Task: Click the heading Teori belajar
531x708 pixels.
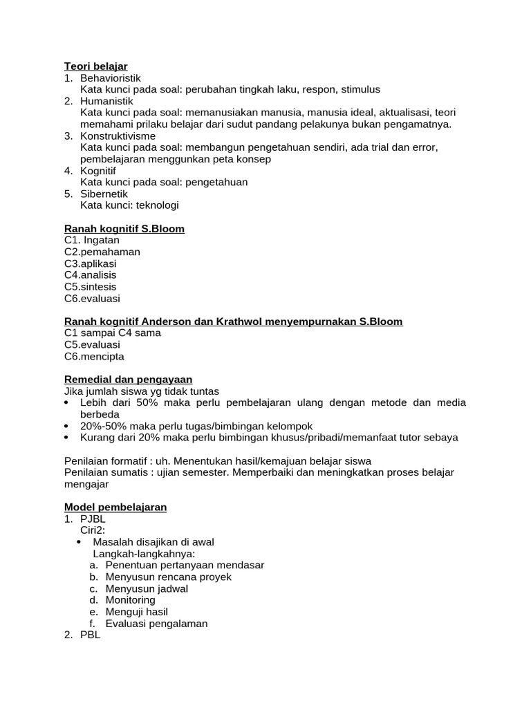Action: (x=95, y=66)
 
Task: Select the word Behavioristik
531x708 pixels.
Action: (x=111, y=78)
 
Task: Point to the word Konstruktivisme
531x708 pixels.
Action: (x=118, y=136)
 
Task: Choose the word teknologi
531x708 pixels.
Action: (x=157, y=205)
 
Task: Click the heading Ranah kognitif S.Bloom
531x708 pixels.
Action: (x=124, y=229)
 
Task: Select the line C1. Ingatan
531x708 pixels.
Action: (x=91, y=240)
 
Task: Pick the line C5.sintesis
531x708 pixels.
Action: (x=91, y=287)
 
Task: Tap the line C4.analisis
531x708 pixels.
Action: (x=91, y=275)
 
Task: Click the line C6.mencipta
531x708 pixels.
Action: (x=94, y=357)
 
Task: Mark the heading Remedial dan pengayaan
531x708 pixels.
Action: (x=128, y=380)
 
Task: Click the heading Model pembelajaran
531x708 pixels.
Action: (x=115, y=507)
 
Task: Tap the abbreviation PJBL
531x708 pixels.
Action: (x=93, y=519)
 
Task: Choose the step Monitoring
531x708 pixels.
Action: (x=130, y=600)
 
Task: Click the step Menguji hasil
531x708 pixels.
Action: (x=136, y=612)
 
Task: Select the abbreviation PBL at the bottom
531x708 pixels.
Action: (x=90, y=635)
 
